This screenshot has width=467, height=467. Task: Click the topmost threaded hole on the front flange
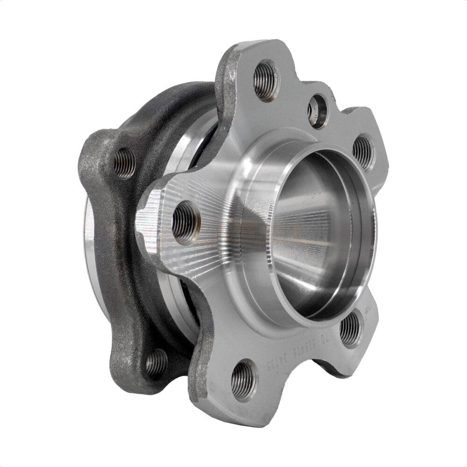[x=266, y=80]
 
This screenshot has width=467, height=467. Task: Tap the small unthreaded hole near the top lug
[x=318, y=111]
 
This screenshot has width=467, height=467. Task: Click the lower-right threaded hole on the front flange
[x=350, y=328]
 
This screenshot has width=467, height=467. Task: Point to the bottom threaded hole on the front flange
[x=244, y=379]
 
